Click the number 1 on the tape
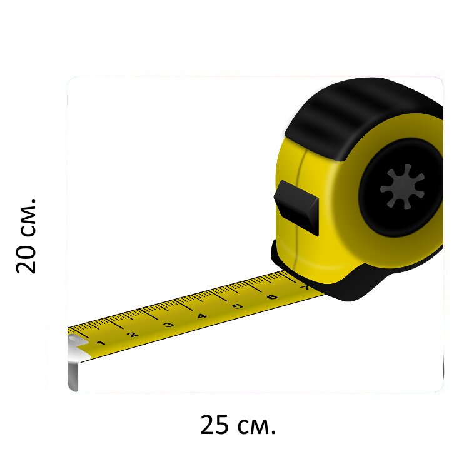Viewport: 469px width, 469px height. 101,343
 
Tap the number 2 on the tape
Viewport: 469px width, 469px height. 132,335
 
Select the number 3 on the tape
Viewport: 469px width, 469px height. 168,325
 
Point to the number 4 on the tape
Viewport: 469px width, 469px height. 202,316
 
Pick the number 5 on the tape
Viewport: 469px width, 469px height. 238,306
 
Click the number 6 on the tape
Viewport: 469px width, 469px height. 272,297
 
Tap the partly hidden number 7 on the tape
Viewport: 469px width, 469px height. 304,288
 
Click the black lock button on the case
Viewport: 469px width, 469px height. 296,208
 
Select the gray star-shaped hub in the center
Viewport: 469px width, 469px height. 402,187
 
